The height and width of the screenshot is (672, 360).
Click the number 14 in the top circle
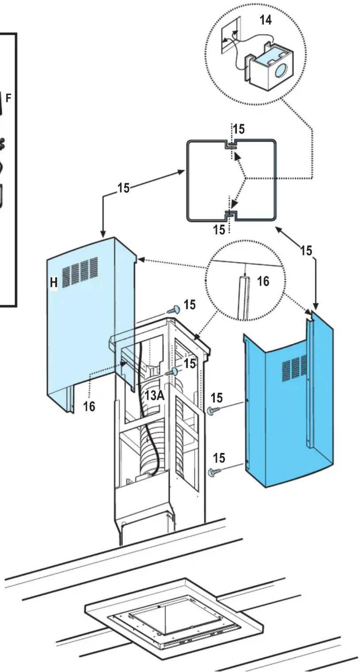(x=266, y=20)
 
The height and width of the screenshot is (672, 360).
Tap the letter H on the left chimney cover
(x=54, y=282)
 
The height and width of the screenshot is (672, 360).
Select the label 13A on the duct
(x=155, y=395)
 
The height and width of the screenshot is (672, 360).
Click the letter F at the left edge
(x=9, y=98)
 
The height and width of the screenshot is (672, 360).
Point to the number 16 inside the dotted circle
(x=263, y=282)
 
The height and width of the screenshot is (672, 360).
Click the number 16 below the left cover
(x=89, y=406)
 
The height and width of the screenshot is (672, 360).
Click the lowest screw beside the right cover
(x=215, y=472)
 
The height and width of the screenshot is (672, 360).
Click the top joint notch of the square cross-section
(x=231, y=145)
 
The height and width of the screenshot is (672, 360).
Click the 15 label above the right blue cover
(x=306, y=251)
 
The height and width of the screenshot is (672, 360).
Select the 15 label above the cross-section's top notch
(x=239, y=130)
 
